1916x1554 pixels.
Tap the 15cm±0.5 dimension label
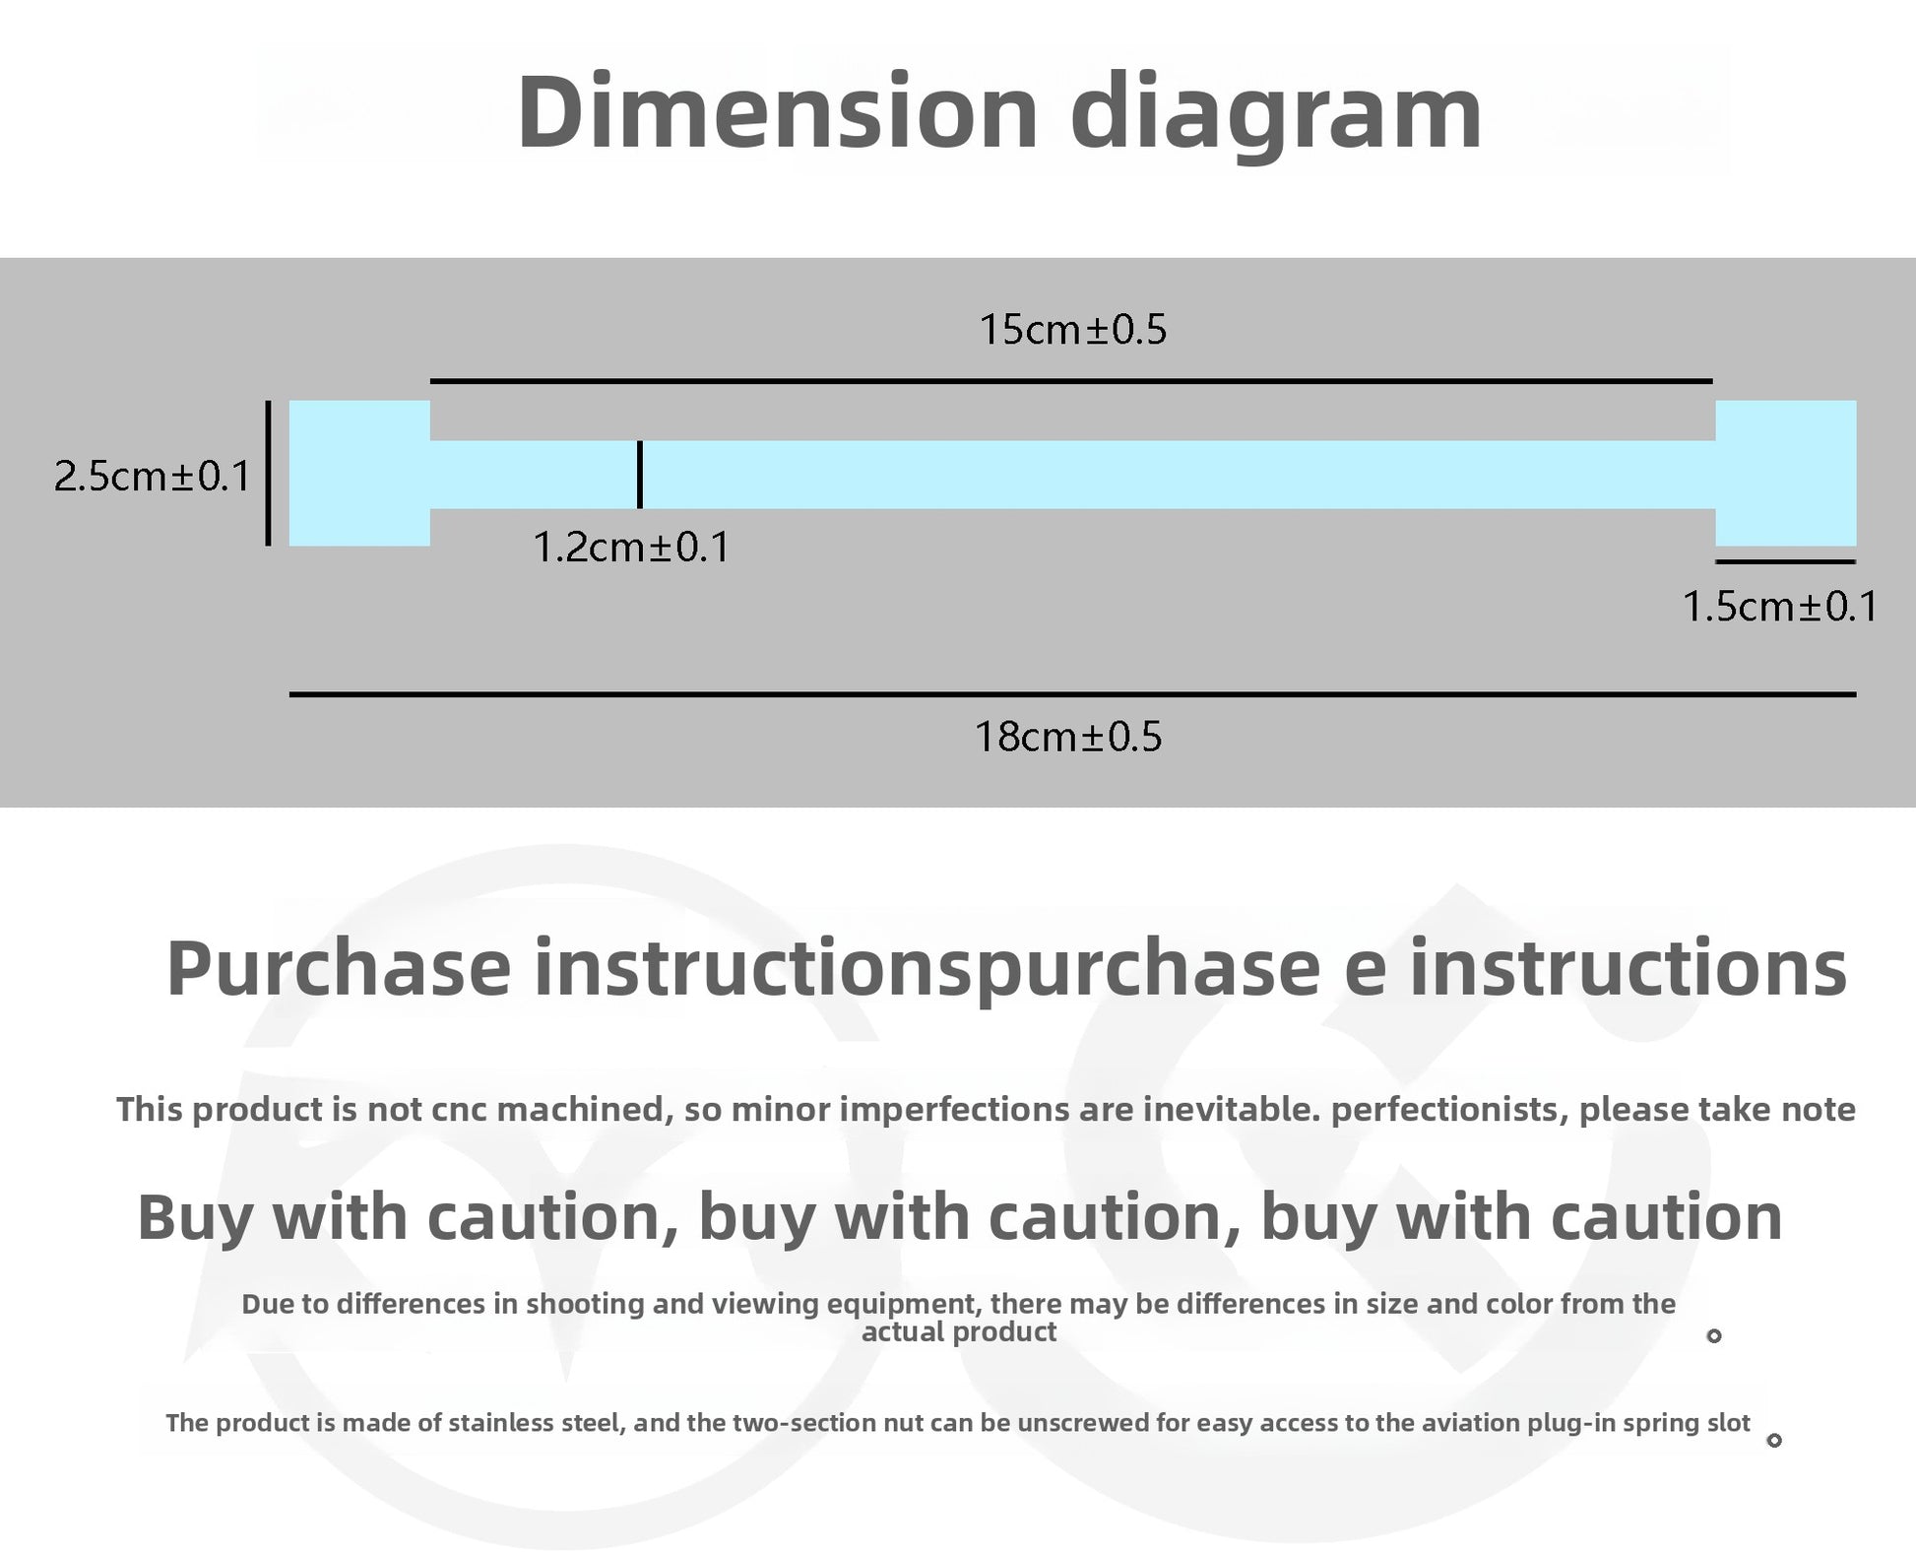(1072, 329)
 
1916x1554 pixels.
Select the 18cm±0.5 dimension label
(1068, 737)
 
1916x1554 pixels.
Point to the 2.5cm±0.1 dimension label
(153, 477)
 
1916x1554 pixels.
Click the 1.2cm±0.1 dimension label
(631, 547)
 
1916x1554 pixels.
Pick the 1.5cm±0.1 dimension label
(1780, 606)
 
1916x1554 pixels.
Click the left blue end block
(359, 473)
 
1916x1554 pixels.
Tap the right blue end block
(1786, 473)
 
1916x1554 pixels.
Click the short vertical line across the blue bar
(640, 475)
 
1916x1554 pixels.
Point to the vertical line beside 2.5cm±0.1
(268, 473)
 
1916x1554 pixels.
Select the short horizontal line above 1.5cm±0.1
(1785, 561)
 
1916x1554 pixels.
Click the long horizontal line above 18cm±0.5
(1072, 694)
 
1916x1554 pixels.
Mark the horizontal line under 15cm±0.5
(1071, 380)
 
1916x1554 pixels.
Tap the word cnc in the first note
(463, 1111)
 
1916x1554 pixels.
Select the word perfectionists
(1447, 1110)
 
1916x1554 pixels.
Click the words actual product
(959, 1332)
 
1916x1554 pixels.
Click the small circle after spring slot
(1774, 1441)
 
